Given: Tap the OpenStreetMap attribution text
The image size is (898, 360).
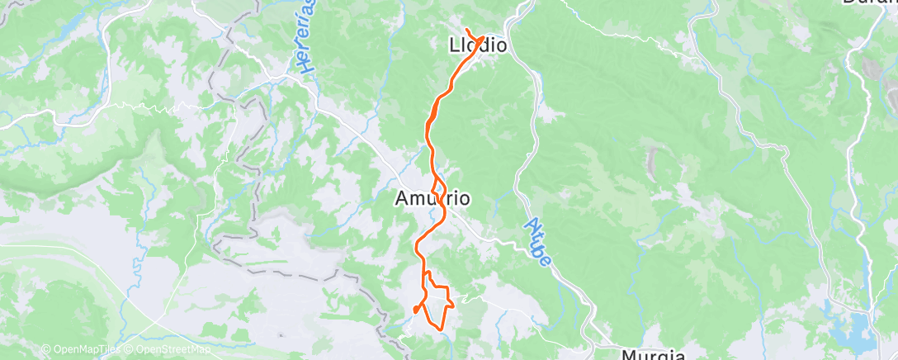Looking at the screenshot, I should pos(169,350).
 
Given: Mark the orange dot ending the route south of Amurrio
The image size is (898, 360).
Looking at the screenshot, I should pos(415,310).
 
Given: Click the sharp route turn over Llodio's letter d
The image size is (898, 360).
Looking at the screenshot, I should pos(481,37).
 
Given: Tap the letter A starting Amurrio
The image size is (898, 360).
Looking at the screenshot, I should pos(402,199).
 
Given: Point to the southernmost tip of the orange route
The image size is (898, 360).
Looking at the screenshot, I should pos(442,329).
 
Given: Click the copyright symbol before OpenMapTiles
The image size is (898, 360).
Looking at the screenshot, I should pos(45,350).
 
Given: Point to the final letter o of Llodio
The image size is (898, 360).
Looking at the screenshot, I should pos(499,45).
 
